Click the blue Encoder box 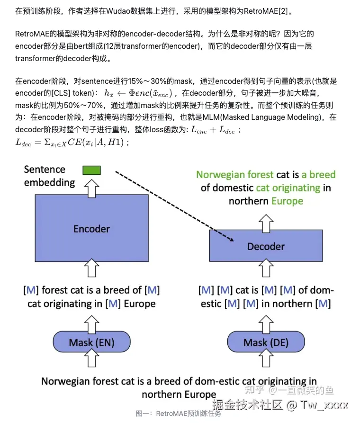point(91,228)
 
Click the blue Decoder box point(266,246)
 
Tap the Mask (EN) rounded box point(91,342)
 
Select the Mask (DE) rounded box point(266,342)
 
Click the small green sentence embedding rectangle point(91,170)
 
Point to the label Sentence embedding point(49,176)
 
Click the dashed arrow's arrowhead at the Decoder point(232,239)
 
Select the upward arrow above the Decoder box point(266,220)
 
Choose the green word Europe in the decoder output point(287,201)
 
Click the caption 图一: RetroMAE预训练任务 point(179,414)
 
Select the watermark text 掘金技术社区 point(247,405)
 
